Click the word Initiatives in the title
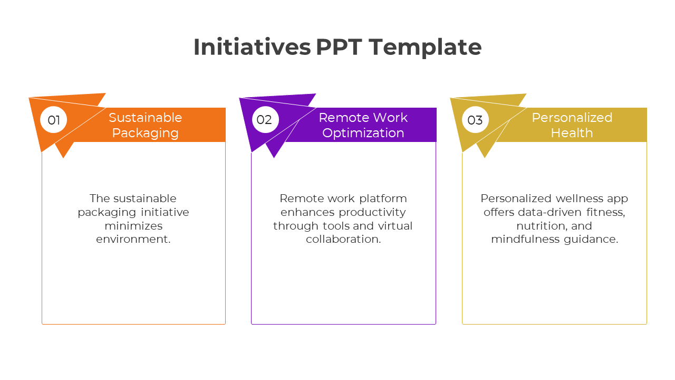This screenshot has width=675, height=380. pos(252,47)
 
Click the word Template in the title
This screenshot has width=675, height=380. pos(425,47)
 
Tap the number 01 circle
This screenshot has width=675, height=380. pos(54,120)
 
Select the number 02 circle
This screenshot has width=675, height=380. pos(265,119)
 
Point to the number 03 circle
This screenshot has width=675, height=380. pos(475,120)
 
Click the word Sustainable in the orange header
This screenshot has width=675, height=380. pos(145,118)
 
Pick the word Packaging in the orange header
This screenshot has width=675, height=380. pos(145,134)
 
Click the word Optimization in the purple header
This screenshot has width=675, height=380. pos(363,133)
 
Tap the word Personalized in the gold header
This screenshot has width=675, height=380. pos(572,118)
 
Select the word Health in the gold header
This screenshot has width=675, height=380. pos(572,132)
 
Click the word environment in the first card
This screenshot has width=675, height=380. pos(132,239)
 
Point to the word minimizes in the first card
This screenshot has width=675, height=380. pos(133,225)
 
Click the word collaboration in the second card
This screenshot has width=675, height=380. pos(342,239)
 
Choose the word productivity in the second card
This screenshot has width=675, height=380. pos(372,212)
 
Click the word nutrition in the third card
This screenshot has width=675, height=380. pos(539,226)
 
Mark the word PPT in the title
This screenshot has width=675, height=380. pos(339,47)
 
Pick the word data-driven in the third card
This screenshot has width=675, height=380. pos(549,212)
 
